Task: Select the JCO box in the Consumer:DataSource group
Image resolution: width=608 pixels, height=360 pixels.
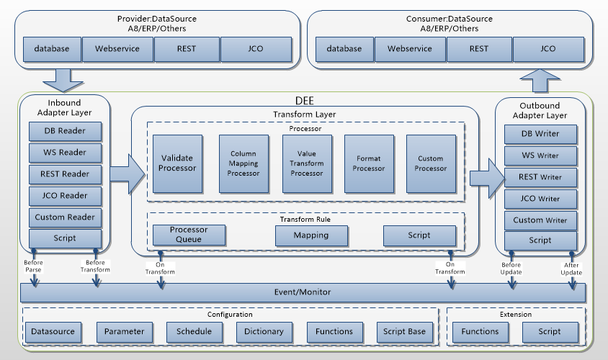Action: click(x=547, y=49)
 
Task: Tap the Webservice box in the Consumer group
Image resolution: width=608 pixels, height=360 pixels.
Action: click(x=409, y=49)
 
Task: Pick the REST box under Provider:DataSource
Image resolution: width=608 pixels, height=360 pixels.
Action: click(x=186, y=49)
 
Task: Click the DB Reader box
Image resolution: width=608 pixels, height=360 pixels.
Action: click(x=65, y=131)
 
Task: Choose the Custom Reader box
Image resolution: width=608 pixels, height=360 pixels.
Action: click(x=65, y=217)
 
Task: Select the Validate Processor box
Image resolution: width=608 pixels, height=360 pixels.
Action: click(x=177, y=163)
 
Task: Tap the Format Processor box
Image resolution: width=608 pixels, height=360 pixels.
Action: click(x=369, y=163)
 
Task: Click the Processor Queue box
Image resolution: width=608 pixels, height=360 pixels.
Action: click(x=189, y=235)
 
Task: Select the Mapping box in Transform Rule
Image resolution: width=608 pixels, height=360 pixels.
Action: click(x=311, y=235)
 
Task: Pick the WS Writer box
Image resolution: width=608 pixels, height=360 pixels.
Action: click(x=540, y=156)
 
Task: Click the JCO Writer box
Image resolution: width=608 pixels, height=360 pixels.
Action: click(x=540, y=199)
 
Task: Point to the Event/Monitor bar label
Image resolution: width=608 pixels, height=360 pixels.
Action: click(x=302, y=293)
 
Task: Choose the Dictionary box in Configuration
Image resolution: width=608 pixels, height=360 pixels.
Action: click(x=264, y=331)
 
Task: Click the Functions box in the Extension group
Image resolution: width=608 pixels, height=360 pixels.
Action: click(x=480, y=331)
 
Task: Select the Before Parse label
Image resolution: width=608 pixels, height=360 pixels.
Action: click(x=32, y=266)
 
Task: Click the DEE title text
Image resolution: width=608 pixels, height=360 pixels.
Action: click(x=305, y=101)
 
